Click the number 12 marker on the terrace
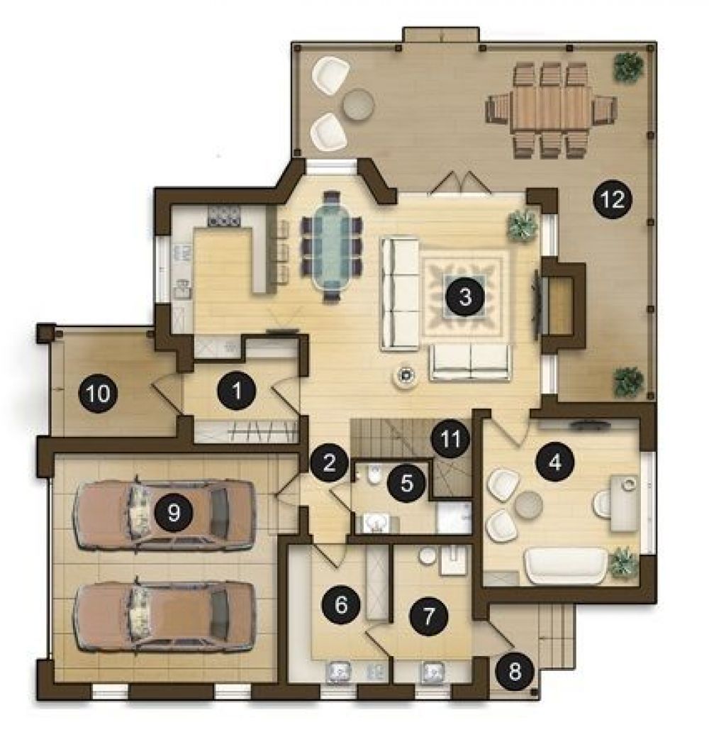point(613,199)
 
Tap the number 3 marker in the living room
point(464,296)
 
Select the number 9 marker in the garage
point(173,513)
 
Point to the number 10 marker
point(98,394)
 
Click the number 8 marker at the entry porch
point(515,671)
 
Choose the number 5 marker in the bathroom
point(406,482)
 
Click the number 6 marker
point(341,605)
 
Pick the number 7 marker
point(428,616)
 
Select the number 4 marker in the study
point(554,462)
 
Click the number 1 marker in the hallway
point(236,391)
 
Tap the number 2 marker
point(329,462)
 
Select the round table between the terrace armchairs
point(358,104)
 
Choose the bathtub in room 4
point(566,565)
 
